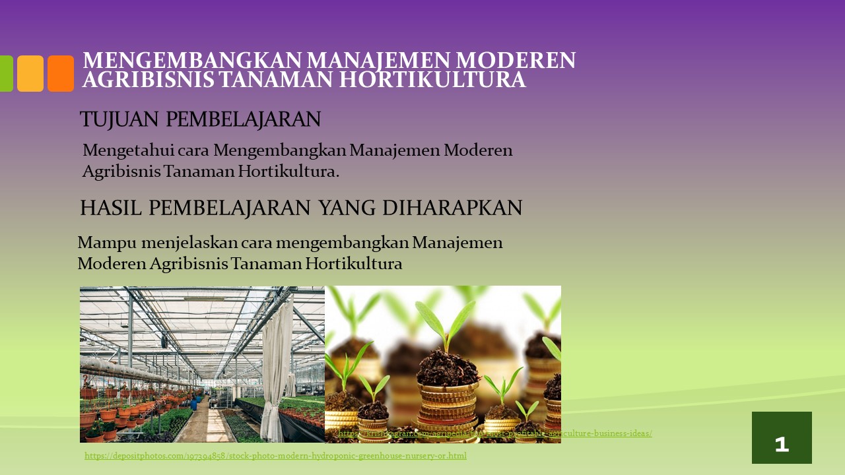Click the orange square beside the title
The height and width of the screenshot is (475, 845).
[x=61, y=73]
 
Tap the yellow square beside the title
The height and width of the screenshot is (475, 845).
[x=30, y=73]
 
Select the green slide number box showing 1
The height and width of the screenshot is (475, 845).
[x=782, y=438]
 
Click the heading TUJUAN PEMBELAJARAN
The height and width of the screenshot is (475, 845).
[x=200, y=119]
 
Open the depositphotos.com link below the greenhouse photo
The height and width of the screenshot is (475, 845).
[x=275, y=456]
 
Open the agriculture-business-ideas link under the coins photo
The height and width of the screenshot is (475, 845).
[x=495, y=433]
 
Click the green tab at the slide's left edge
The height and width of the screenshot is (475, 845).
[x=5, y=73]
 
